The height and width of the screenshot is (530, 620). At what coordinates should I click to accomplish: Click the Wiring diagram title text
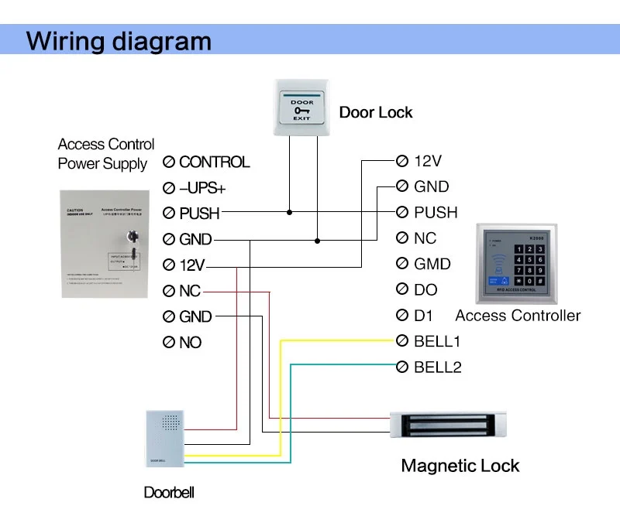[x=119, y=40]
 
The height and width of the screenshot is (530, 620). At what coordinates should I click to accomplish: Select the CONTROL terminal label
[x=214, y=162]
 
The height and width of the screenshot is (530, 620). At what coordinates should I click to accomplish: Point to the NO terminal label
[x=190, y=342]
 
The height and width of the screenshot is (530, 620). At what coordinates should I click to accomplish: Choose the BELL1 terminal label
[x=437, y=341]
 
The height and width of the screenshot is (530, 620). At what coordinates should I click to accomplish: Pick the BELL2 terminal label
[x=437, y=367]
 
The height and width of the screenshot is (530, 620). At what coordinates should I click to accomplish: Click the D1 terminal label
[x=425, y=316]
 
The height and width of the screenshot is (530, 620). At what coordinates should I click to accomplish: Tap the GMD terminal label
[x=432, y=264]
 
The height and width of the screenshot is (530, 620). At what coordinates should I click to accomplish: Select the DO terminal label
[x=425, y=290]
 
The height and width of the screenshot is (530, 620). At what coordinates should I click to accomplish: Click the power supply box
[x=105, y=244]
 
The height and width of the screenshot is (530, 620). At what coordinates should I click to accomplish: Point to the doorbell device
[x=164, y=438]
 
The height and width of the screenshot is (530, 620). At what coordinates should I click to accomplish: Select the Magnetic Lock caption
[x=460, y=466]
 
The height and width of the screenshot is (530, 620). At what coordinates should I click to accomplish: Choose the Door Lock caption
[x=376, y=113]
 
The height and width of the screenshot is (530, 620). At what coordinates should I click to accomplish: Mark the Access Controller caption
[x=518, y=316]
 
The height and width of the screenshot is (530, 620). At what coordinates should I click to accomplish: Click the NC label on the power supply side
[x=190, y=291]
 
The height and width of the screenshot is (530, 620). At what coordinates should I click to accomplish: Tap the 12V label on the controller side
[x=427, y=161]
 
